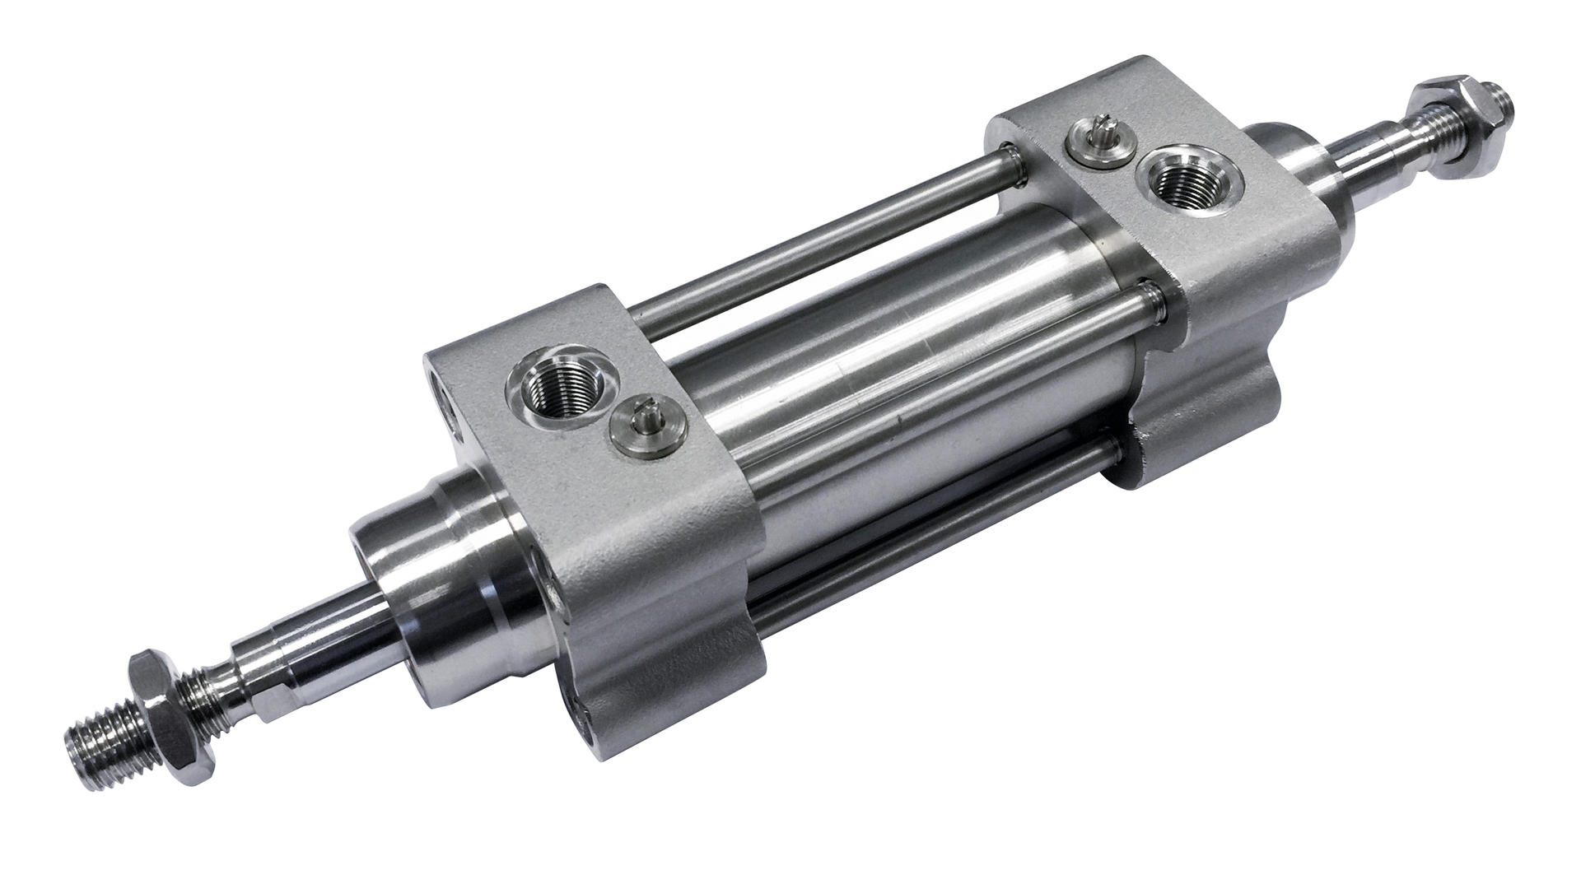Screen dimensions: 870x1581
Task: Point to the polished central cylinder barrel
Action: pos(889,362)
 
